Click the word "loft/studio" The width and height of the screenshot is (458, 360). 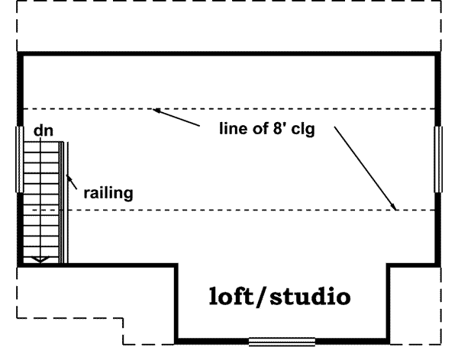280,296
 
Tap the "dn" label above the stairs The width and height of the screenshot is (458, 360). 43,131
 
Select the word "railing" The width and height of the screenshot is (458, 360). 109,193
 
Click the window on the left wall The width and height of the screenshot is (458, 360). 19,159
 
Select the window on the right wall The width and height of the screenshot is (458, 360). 438,159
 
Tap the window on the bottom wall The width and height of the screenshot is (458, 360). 282,341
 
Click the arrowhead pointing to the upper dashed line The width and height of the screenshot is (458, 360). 155,111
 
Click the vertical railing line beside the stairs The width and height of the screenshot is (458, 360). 68,202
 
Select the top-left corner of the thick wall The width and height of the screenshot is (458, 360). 19,54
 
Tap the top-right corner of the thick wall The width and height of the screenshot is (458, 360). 438,54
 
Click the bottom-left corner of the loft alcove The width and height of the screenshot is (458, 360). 178,340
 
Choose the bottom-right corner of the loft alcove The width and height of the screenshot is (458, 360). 389,340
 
